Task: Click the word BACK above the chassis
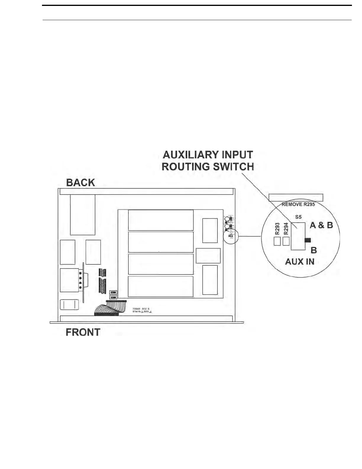coord(80,183)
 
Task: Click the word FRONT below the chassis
coord(83,332)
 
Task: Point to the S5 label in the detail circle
coord(298,217)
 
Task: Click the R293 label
coord(277,229)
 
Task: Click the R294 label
coord(286,229)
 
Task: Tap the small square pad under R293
coord(277,241)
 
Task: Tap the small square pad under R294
coord(286,241)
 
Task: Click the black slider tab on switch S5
coord(308,240)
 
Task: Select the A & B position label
coord(321,225)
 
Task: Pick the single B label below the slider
coord(314,250)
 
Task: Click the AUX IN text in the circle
coord(300,262)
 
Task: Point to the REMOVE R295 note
coord(298,204)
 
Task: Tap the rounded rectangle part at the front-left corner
coord(70,305)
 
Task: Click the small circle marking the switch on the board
coord(231,237)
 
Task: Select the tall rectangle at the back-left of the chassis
coord(83,215)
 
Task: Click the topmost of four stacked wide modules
coord(161,220)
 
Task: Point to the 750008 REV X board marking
coord(141,309)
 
